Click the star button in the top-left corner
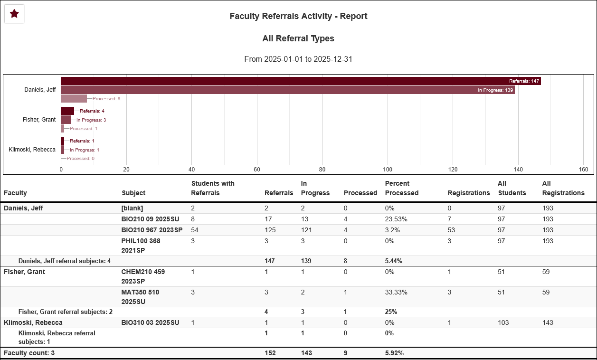tap(14, 14)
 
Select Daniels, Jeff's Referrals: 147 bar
tap(301, 81)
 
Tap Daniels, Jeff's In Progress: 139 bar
tap(287, 90)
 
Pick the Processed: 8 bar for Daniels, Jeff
tap(74, 99)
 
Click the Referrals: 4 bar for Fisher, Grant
tap(67, 111)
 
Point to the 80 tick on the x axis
tap(322, 170)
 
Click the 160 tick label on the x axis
tap(584, 170)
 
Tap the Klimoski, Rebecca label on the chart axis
tap(32, 150)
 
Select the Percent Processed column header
tap(401, 188)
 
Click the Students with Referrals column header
tap(212, 188)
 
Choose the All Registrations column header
tap(563, 188)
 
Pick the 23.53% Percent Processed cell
tap(396, 219)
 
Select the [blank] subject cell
tap(132, 208)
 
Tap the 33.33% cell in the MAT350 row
tap(396, 292)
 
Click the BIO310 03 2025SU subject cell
tap(150, 322)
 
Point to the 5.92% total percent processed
tap(394, 353)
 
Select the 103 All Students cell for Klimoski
tap(503, 322)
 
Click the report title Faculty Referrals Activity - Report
tap(298, 16)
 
